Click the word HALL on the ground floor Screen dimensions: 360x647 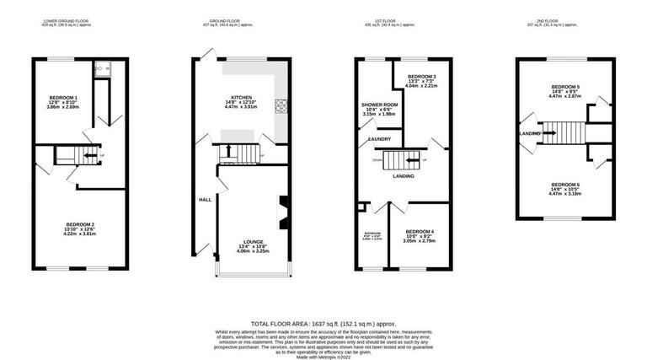click(x=205, y=200)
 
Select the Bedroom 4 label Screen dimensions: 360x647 click(x=419, y=232)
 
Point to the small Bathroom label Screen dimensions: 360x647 click(x=372, y=233)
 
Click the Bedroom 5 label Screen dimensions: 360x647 click(x=565, y=87)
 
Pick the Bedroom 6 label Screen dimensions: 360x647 click(x=565, y=184)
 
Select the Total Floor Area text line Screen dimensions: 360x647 click(x=323, y=323)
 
